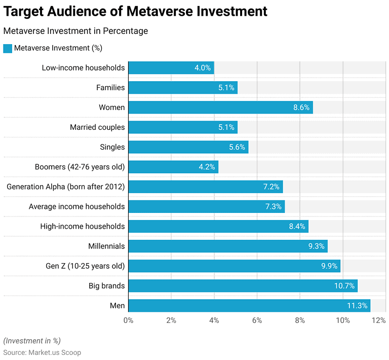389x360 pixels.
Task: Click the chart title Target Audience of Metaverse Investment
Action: tap(135, 11)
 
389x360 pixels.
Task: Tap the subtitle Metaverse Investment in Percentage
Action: tap(75, 31)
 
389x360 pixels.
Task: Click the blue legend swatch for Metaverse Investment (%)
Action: tap(7, 48)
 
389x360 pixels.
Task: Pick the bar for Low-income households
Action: tap(171, 68)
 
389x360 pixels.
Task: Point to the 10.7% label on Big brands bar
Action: tap(344, 286)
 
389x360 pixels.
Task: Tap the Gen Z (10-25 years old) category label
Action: tap(85, 266)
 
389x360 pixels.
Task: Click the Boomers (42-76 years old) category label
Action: tap(80, 167)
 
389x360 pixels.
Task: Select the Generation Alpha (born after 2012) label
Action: tap(65, 187)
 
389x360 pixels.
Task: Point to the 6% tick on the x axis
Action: tap(257, 320)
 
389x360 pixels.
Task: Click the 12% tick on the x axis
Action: tap(378, 320)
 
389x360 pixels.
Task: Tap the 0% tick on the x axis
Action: tap(129, 320)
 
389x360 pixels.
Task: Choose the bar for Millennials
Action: tap(228, 246)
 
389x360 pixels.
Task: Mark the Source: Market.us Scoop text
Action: tap(42, 352)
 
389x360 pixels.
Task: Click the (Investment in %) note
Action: tap(32, 341)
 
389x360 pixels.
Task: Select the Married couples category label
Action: tap(97, 127)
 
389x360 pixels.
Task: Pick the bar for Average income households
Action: tap(207, 207)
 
